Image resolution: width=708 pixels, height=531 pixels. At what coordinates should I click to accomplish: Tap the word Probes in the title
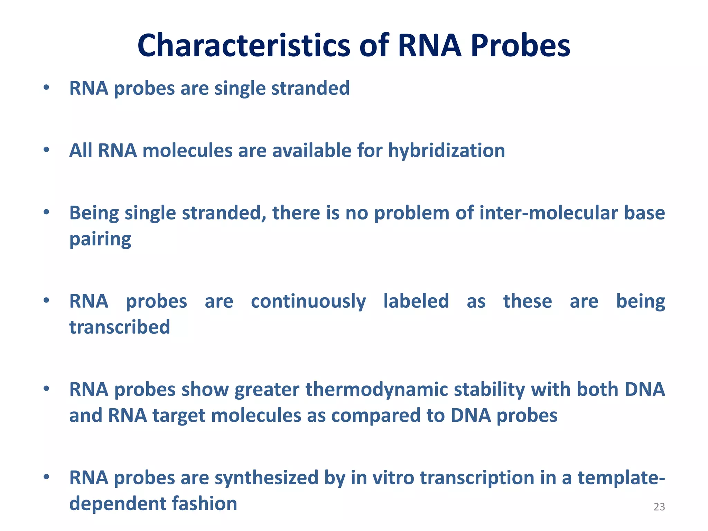click(x=520, y=46)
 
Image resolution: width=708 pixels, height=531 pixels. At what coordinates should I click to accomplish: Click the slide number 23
click(x=659, y=507)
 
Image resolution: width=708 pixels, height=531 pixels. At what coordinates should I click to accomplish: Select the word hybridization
click(x=446, y=151)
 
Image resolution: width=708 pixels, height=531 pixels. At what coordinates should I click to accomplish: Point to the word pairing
click(x=100, y=239)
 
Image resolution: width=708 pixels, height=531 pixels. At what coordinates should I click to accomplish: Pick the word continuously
click(x=308, y=301)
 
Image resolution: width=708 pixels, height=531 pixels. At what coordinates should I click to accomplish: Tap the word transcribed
click(x=120, y=327)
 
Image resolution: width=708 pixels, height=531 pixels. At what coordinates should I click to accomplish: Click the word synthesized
click(x=266, y=478)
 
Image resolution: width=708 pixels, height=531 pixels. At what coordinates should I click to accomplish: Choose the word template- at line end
click(x=621, y=478)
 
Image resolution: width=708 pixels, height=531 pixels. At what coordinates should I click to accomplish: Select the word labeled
click(x=416, y=301)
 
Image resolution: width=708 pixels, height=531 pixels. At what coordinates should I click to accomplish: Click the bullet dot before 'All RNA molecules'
click(x=46, y=150)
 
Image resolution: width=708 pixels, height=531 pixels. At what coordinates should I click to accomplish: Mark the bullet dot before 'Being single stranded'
click(x=46, y=212)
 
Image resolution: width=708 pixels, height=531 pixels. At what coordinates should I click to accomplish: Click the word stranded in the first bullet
click(x=310, y=88)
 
